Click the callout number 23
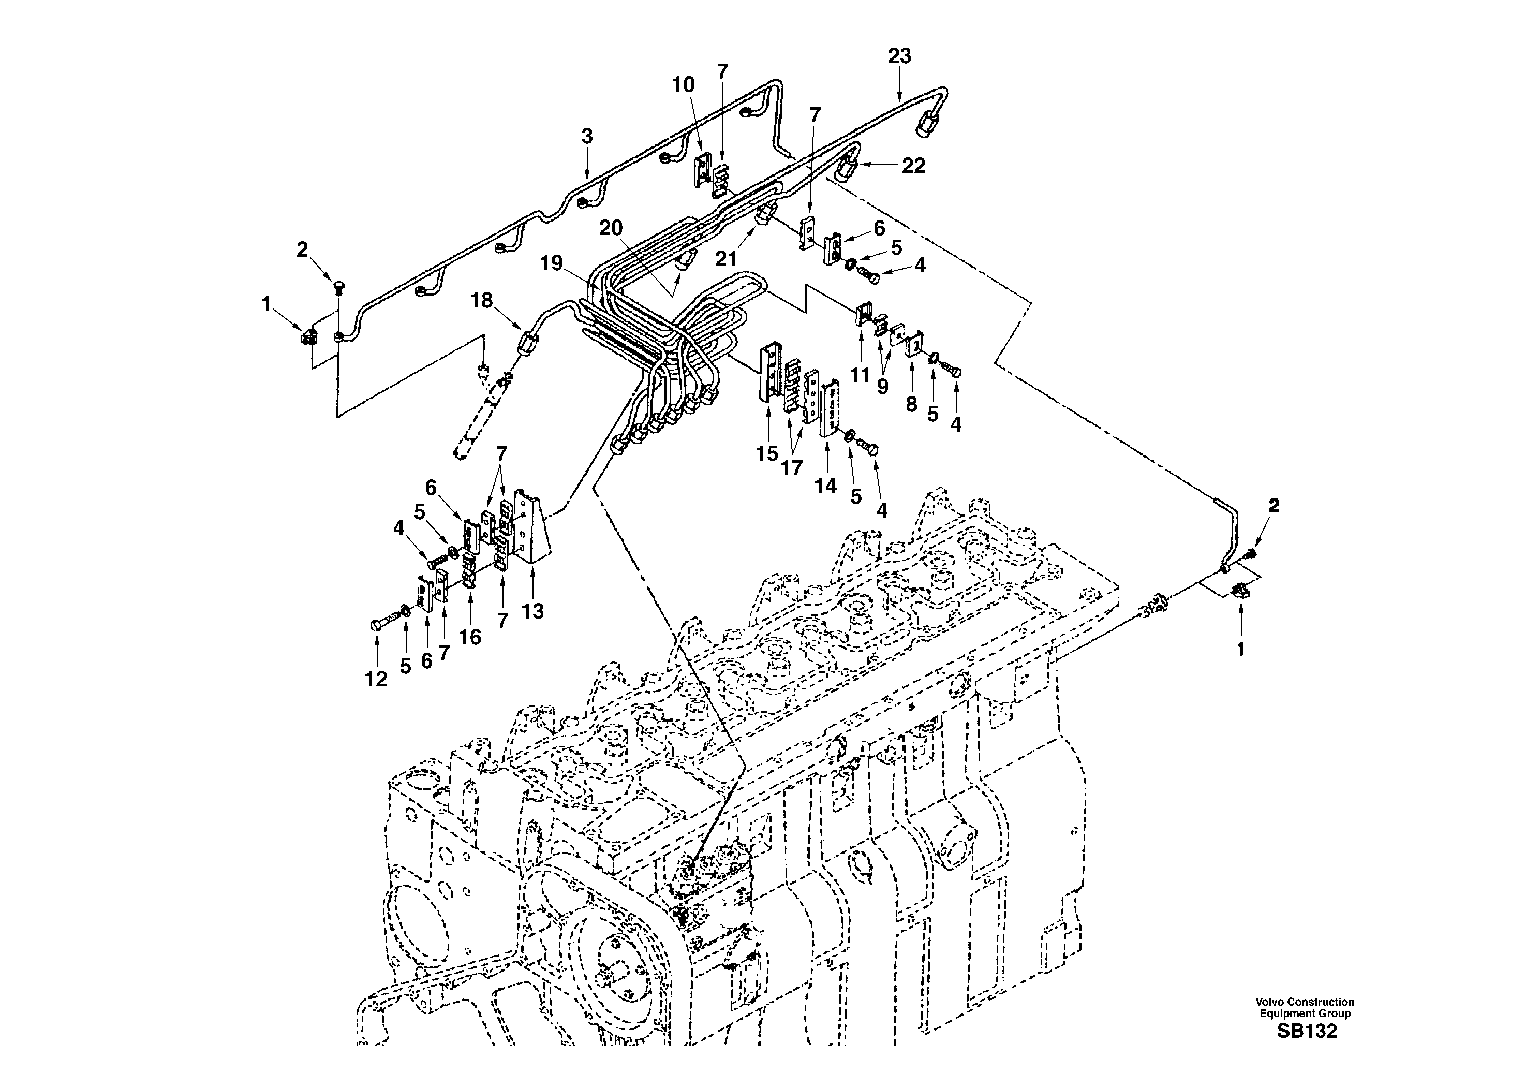pos(899,56)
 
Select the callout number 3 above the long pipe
pos(587,137)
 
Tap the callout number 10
pos(684,85)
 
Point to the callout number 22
pos(913,166)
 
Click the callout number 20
pos(611,229)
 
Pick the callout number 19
pos(552,263)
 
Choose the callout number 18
pos(482,301)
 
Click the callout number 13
pos(532,612)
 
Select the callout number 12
pos(376,680)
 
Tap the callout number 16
pos(470,637)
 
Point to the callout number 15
pos(767,454)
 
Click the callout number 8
pos(911,404)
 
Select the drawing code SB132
pos(1307,1031)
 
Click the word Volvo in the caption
pos(1268,1002)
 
